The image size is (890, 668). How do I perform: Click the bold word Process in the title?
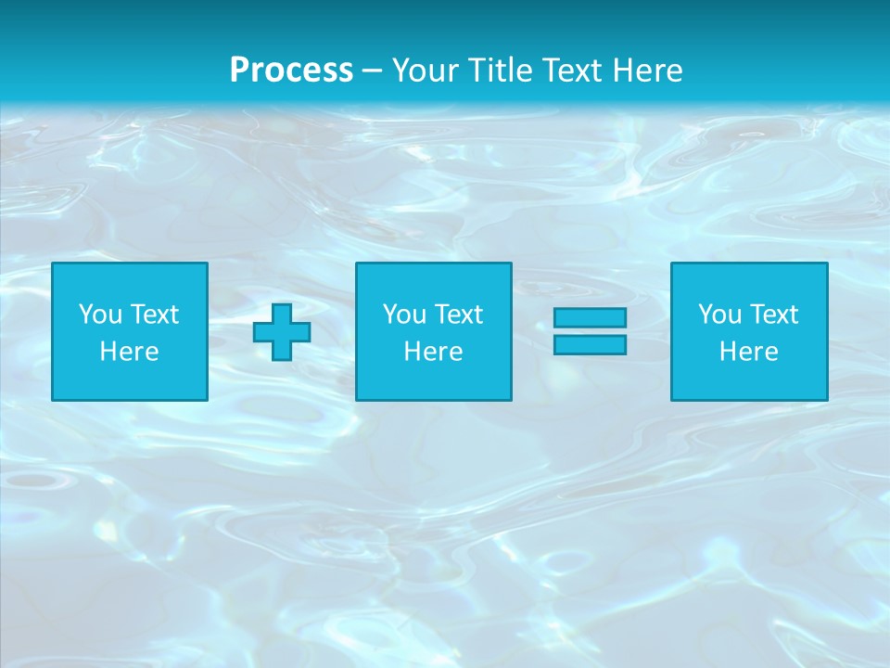click(291, 71)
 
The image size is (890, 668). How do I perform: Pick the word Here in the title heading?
click(651, 71)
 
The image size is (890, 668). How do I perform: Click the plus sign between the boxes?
click(282, 332)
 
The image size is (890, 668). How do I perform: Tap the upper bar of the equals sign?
click(590, 317)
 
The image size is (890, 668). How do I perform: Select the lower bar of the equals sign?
click(590, 345)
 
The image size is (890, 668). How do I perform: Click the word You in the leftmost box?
click(100, 315)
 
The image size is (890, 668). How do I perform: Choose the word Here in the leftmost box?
click(129, 352)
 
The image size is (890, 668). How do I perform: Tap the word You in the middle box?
click(404, 315)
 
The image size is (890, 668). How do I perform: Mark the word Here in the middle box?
click(433, 352)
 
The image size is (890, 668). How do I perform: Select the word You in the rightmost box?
click(719, 315)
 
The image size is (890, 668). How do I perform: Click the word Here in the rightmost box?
click(748, 352)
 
